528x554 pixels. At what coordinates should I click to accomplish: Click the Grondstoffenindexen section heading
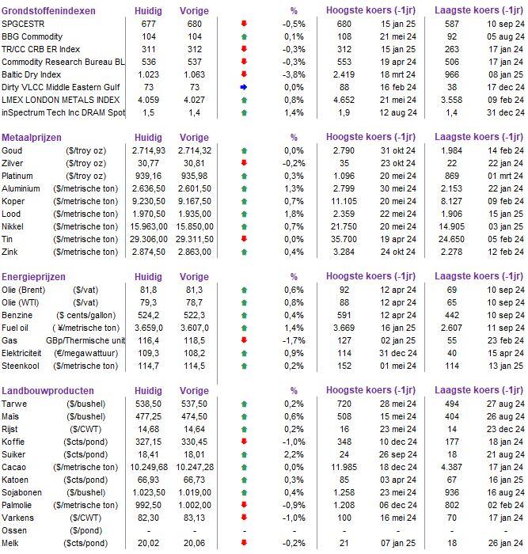(49, 11)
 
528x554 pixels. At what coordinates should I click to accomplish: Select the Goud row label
(13, 150)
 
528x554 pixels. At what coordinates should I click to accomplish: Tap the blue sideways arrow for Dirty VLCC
(244, 87)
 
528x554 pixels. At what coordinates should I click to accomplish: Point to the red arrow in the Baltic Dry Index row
(244, 74)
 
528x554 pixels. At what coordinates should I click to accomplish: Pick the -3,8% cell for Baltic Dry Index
(293, 74)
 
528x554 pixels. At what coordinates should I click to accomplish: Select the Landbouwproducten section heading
(48, 391)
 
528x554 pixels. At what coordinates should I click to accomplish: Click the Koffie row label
(15, 442)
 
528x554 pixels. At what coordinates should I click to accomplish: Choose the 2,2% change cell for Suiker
(293, 454)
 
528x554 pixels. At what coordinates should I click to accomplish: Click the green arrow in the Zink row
(244, 251)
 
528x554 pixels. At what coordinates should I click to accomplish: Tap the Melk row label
(12, 543)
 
